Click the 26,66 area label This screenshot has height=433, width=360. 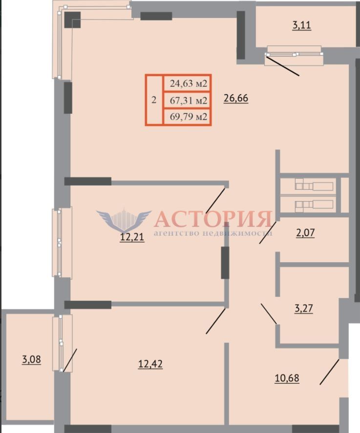coord(235,98)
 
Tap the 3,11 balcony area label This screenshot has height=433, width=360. coord(302,25)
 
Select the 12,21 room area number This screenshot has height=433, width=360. coord(132,237)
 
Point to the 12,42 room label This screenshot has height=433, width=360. coord(150,364)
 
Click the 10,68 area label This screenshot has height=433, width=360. coord(287,378)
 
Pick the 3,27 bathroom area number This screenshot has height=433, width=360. coord(304,308)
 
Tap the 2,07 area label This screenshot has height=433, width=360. coord(305,233)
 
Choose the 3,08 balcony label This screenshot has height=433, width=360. coord(31,359)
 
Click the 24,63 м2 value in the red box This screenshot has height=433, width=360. coord(189,83)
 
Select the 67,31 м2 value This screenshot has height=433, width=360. coord(189,100)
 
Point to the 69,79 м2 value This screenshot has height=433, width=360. coord(189,117)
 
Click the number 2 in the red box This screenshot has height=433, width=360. coord(154,100)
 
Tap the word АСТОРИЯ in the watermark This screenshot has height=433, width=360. coord(213,219)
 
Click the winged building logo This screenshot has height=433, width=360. coord(124,220)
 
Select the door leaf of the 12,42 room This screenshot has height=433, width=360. coord(215,321)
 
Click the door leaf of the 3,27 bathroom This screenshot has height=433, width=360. coord(269,314)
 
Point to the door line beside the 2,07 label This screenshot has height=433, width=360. coord(268,232)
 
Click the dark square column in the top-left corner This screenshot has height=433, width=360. coord(72,20)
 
